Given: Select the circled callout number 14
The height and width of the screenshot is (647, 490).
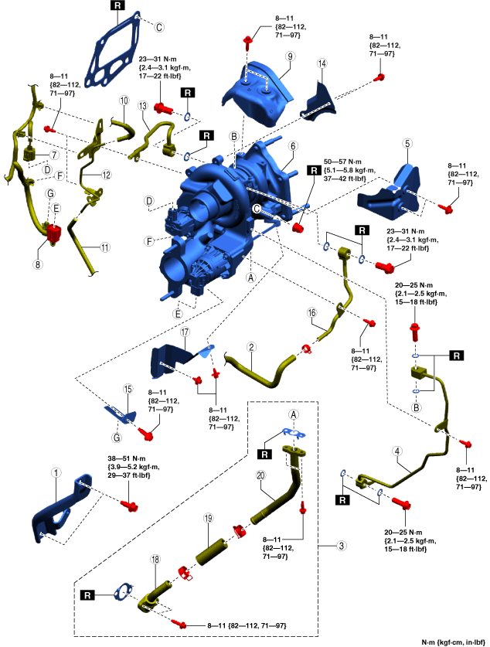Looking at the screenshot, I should pyautogui.click(x=322, y=63).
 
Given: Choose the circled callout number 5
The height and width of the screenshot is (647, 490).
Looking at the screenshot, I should pyautogui.click(x=407, y=143).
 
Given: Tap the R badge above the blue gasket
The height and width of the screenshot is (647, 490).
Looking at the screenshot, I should pyautogui.click(x=117, y=5).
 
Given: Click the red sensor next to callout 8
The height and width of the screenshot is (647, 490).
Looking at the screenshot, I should pyautogui.click(x=55, y=232).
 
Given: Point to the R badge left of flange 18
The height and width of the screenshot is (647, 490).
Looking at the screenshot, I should pyautogui.click(x=88, y=595).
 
